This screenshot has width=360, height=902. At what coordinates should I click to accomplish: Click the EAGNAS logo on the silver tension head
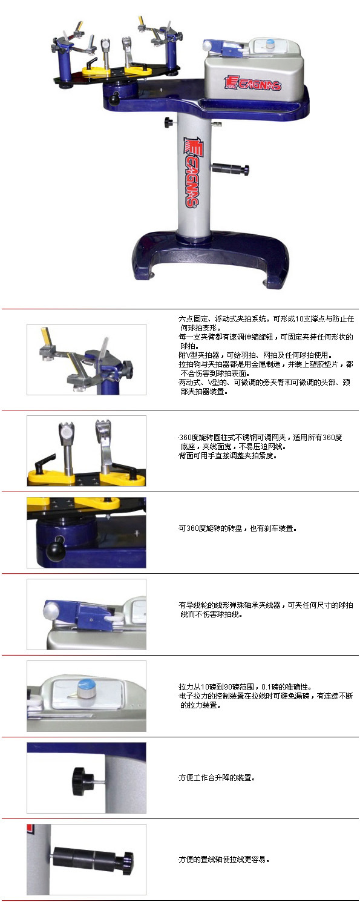coord(252,83)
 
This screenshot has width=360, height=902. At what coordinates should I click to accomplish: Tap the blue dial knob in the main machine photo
coord(269,44)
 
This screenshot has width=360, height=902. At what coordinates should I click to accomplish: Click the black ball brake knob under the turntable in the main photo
coord(116,98)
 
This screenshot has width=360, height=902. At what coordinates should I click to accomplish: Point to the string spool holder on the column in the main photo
coord(231,169)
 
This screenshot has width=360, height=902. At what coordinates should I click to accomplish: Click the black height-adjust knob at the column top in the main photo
coord(169,122)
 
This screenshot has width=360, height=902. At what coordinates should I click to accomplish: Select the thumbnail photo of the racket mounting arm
coord(87,359)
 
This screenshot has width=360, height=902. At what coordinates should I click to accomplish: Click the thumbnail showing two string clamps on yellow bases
coord(87,450)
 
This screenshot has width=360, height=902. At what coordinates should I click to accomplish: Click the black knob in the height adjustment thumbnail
coord(83,781)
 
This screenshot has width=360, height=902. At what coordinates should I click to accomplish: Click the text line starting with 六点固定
coord(266,319)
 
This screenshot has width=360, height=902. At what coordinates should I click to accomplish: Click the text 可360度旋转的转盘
coord(210,528)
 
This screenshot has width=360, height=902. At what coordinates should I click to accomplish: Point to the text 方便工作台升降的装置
coord(217,777)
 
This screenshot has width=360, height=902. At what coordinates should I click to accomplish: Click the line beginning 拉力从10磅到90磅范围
coord(245,686)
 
